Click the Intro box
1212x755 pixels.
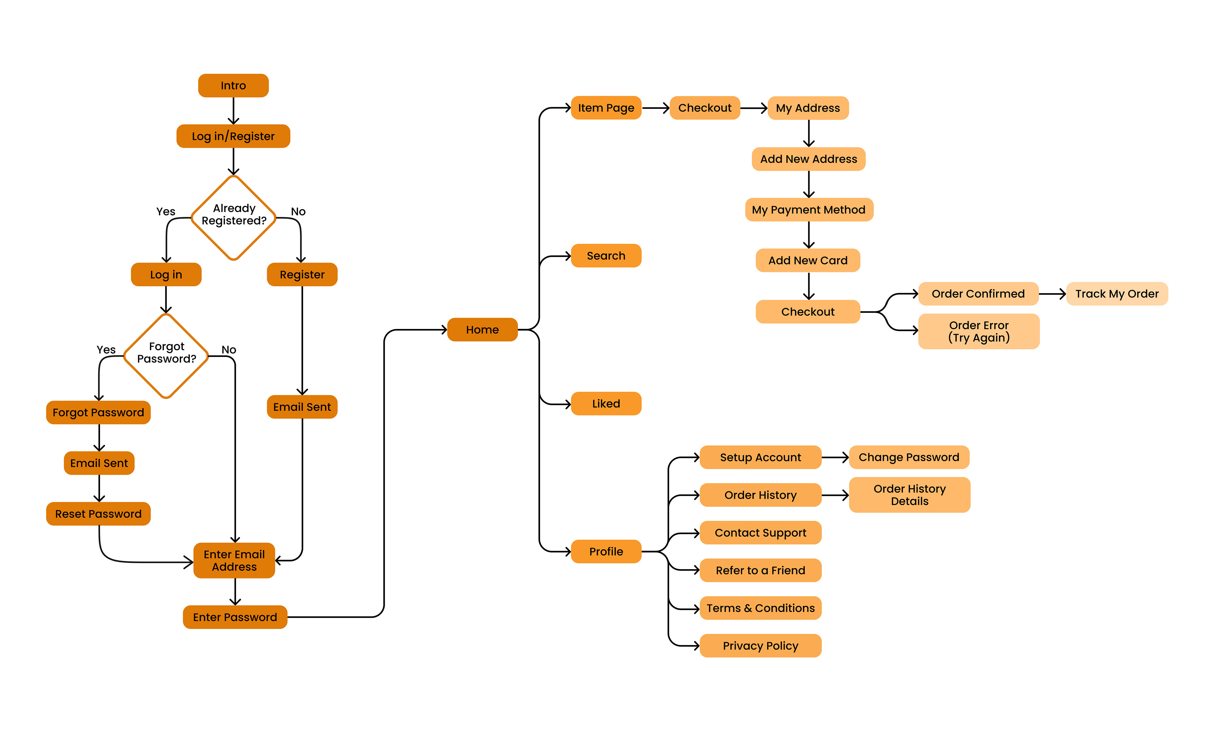[x=233, y=86]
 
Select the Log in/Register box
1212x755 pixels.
[x=233, y=136]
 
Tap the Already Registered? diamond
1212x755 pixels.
[x=234, y=218]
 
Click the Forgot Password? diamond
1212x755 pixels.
[x=166, y=355]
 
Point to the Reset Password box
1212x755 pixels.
[x=98, y=514]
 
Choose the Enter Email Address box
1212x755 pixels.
[x=234, y=560]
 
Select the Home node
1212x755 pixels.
[x=482, y=330]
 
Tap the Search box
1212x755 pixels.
[x=606, y=256]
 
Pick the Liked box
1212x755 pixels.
[x=606, y=403]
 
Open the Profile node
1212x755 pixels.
[x=606, y=551]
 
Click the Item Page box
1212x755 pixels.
[x=606, y=108]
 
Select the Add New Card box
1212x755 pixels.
[x=808, y=260]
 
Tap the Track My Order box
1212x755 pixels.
[x=1117, y=294]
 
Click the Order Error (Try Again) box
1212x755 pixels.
[x=978, y=331]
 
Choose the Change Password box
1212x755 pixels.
[x=908, y=457]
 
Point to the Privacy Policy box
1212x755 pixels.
[x=760, y=646]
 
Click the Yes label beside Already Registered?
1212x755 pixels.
[x=166, y=212]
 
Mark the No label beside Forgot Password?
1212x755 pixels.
[x=229, y=349]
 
